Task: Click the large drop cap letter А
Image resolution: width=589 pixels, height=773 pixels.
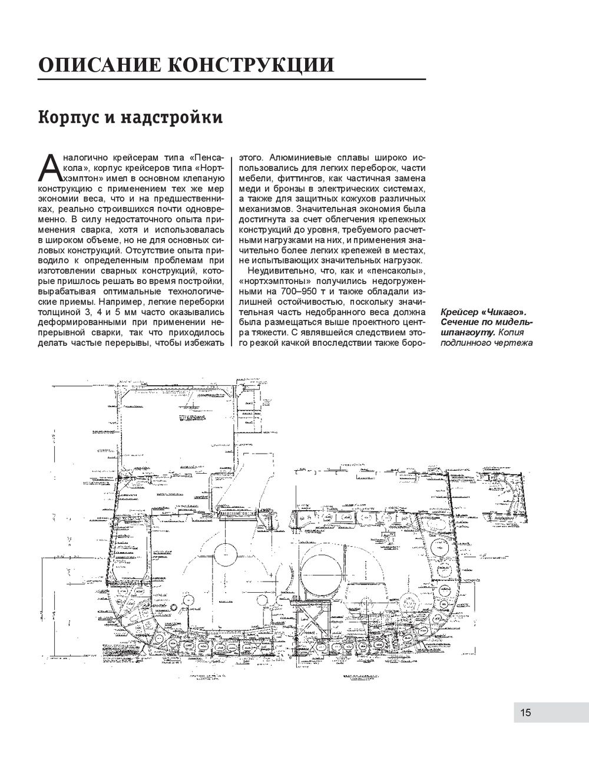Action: click(49, 168)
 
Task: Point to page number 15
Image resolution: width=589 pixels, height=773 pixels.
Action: click(525, 712)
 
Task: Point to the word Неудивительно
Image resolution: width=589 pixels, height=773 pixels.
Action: click(279, 270)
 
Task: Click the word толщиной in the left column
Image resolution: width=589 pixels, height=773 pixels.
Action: click(58, 311)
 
